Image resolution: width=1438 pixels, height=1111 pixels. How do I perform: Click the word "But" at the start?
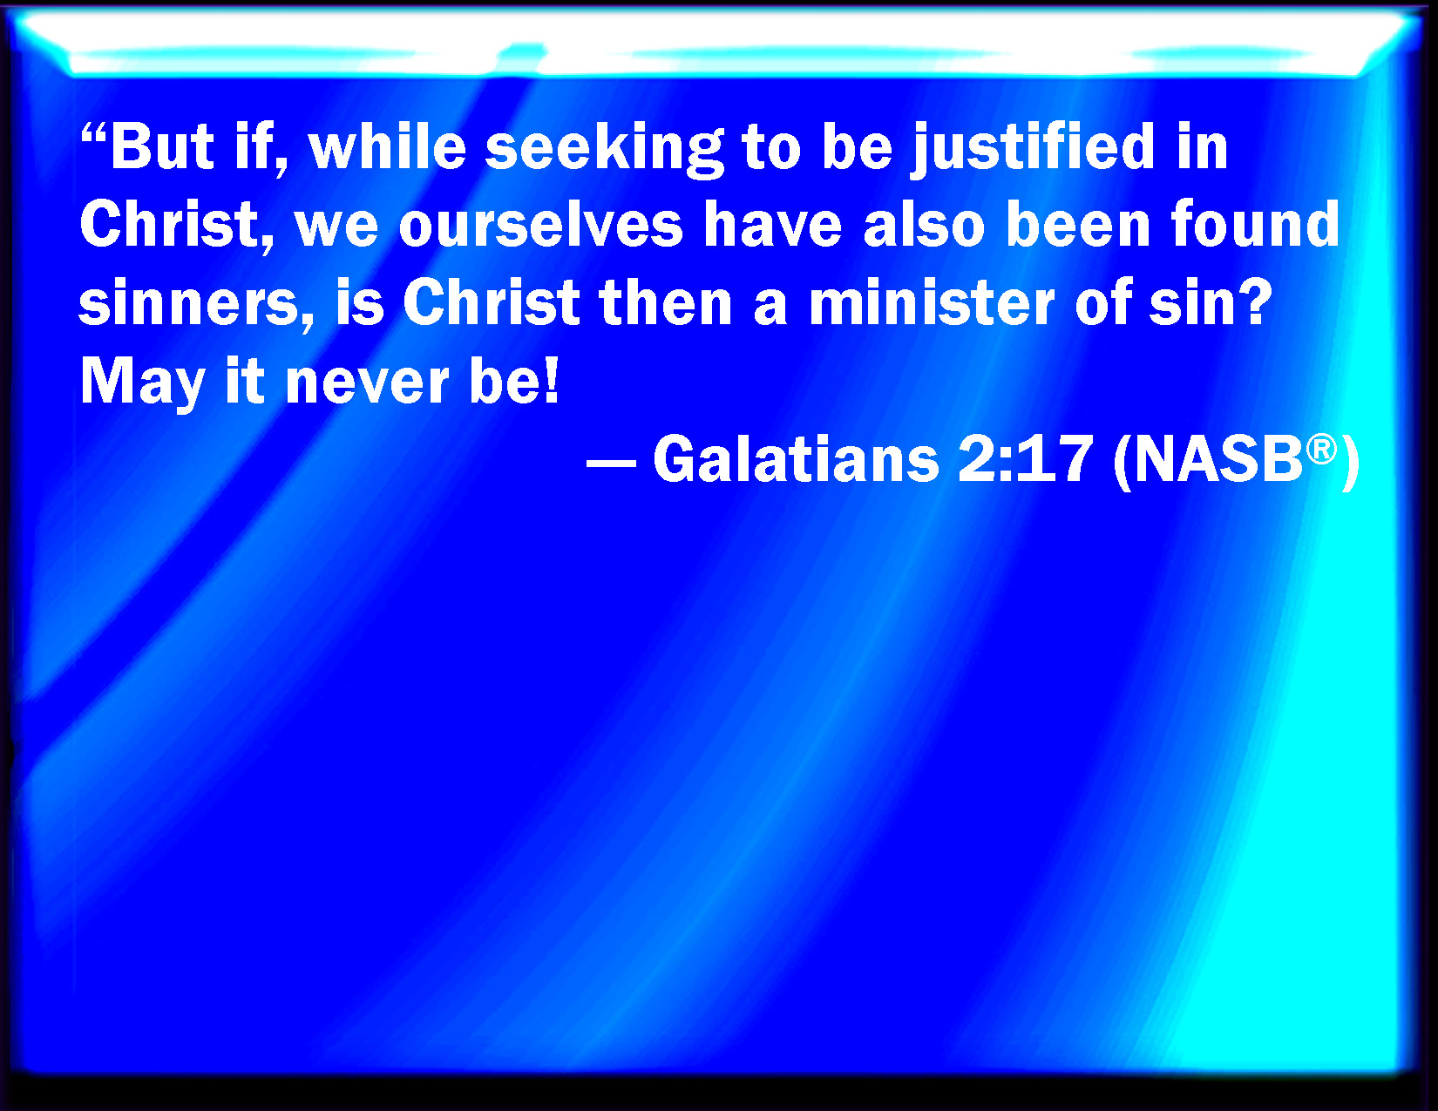click(x=162, y=146)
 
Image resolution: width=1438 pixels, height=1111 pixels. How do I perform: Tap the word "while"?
click(x=387, y=146)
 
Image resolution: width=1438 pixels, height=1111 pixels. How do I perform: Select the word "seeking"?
click(x=604, y=151)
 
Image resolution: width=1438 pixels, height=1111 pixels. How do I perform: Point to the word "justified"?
click(x=1033, y=150)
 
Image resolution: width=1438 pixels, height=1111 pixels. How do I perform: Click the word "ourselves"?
click(x=540, y=225)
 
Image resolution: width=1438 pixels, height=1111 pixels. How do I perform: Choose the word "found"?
click(x=1255, y=225)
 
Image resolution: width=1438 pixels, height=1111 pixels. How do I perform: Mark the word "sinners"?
click(x=196, y=303)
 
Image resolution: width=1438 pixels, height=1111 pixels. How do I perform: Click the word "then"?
click(x=665, y=303)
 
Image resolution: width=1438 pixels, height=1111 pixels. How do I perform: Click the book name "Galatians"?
click(x=796, y=459)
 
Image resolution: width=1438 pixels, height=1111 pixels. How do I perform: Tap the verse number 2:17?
click(x=1024, y=459)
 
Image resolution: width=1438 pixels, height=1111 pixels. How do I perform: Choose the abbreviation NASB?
click(x=1218, y=459)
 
